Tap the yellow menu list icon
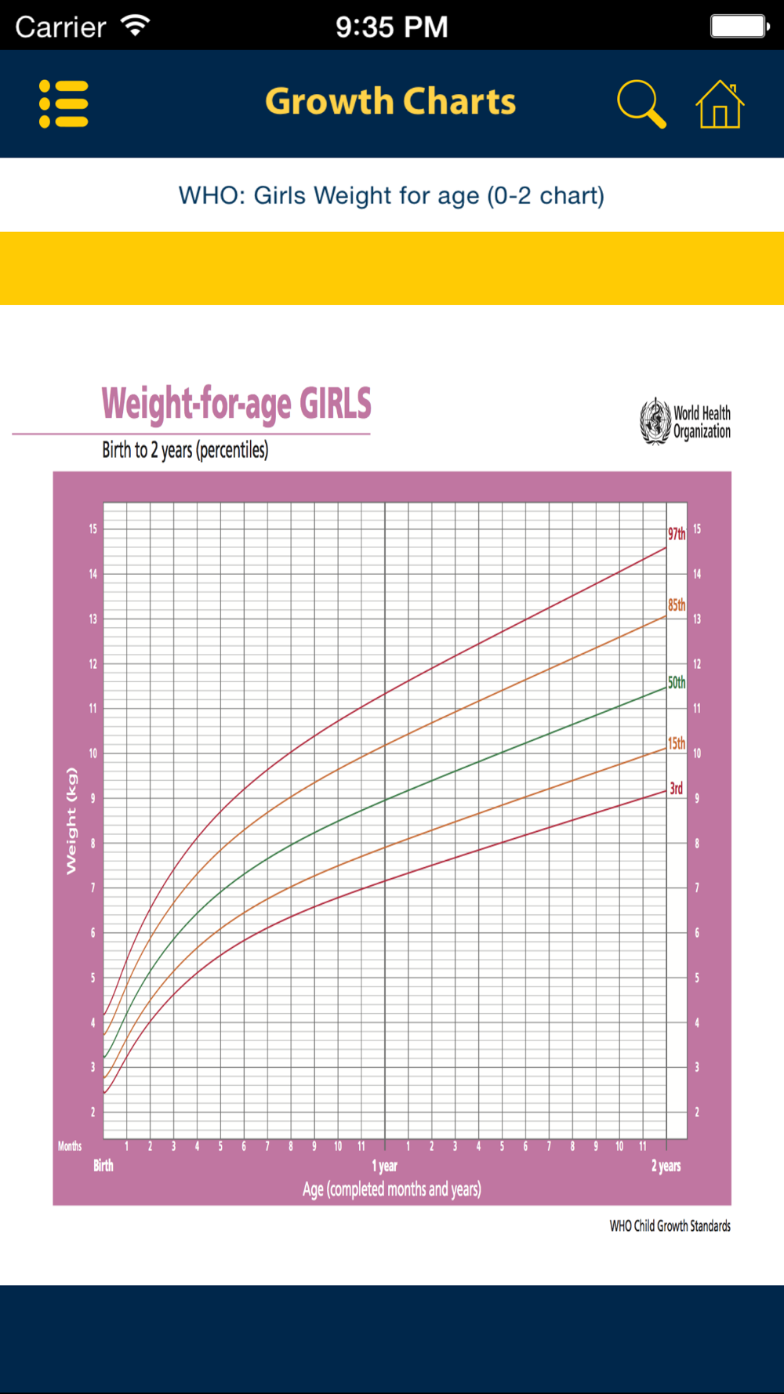pos(64,103)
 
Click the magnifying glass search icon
pos(641,103)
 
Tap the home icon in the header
pos(720,104)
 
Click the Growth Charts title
pos(390,102)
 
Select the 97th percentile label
pos(677,534)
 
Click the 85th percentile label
pos(677,604)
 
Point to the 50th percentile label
pos(677,682)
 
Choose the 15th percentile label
pos(677,742)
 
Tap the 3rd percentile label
pos(676,788)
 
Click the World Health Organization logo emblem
pos(655,421)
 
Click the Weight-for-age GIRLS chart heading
pos(236,404)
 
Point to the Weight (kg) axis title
pos(71,821)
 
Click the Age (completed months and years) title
pos(392,1189)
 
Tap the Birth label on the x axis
pos(103,1165)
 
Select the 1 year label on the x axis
pos(384,1166)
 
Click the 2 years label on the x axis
pos(666,1166)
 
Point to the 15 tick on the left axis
pos(93,529)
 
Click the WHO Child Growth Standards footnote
pos(670,1225)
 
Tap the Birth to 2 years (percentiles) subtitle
pos(185,450)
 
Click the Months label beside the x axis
pos(70,1146)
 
